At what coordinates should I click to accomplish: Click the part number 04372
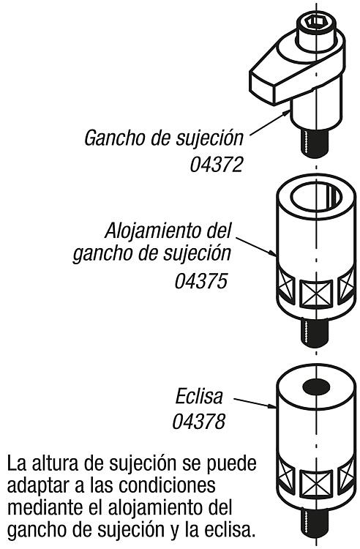click(216, 164)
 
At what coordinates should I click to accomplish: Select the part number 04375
click(201, 281)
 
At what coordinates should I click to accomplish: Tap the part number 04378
click(199, 421)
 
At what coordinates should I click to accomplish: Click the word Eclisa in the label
click(199, 396)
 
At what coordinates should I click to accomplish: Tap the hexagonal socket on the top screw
click(317, 22)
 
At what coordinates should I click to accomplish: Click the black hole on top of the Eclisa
click(316, 387)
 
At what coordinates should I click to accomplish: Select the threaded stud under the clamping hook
click(315, 143)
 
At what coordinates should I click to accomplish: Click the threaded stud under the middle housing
click(315, 332)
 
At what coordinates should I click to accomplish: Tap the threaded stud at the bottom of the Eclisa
click(315, 526)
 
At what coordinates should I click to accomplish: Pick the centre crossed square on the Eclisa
click(316, 484)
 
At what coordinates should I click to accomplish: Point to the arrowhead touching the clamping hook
click(286, 113)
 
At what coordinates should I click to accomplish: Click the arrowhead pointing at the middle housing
click(272, 253)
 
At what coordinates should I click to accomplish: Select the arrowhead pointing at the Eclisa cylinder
click(272, 406)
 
